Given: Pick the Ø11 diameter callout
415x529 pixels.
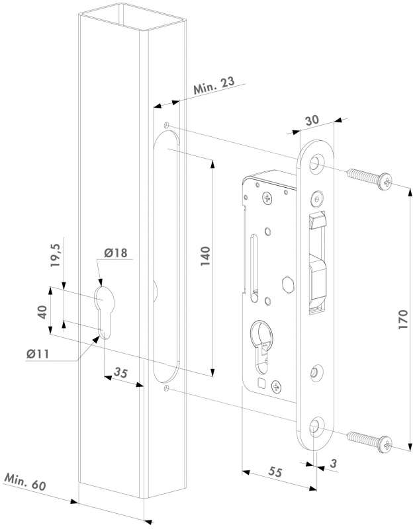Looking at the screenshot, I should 42,354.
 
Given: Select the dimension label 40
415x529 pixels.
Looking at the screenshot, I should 42,311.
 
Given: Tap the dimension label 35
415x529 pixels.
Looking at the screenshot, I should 120,373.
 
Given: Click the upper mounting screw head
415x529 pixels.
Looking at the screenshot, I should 385,181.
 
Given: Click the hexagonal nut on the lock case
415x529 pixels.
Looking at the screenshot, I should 287,286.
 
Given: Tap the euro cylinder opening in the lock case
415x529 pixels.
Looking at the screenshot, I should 261,341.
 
